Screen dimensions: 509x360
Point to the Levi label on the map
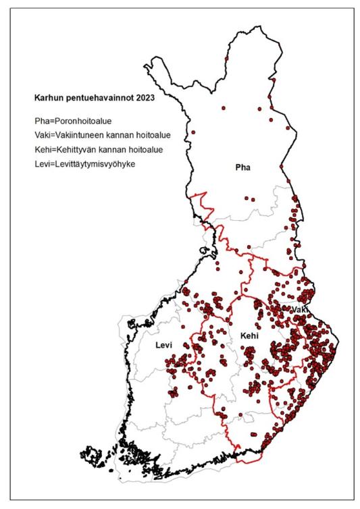pos(164,345)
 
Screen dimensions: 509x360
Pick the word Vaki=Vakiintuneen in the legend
pos(66,134)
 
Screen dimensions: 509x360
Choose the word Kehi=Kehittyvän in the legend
pos(62,149)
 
